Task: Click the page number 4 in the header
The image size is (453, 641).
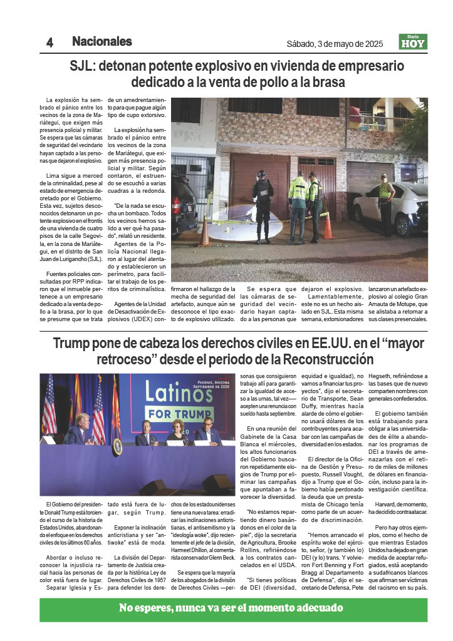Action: (x=49, y=43)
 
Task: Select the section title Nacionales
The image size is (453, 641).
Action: (x=102, y=42)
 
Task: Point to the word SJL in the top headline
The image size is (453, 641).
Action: (x=83, y=66)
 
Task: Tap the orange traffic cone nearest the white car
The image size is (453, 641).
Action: (x=328, y=226)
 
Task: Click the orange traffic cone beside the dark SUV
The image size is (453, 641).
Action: (x=205, y=232)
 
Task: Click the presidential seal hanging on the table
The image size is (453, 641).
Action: (x=117, y=446)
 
